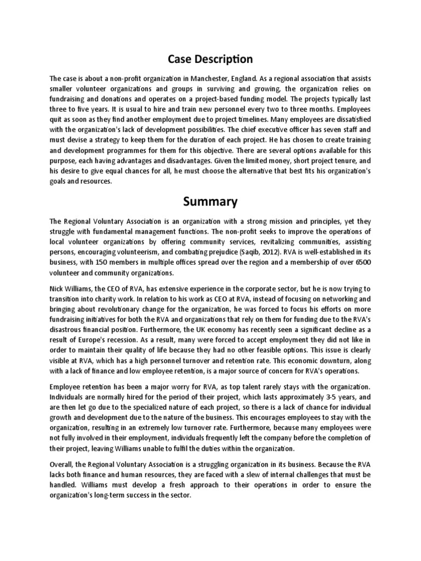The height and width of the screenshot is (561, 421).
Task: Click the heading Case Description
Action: coord(210,59)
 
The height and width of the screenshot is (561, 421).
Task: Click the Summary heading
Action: coord(210,202)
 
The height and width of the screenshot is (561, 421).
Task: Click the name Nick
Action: coord(58,288)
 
